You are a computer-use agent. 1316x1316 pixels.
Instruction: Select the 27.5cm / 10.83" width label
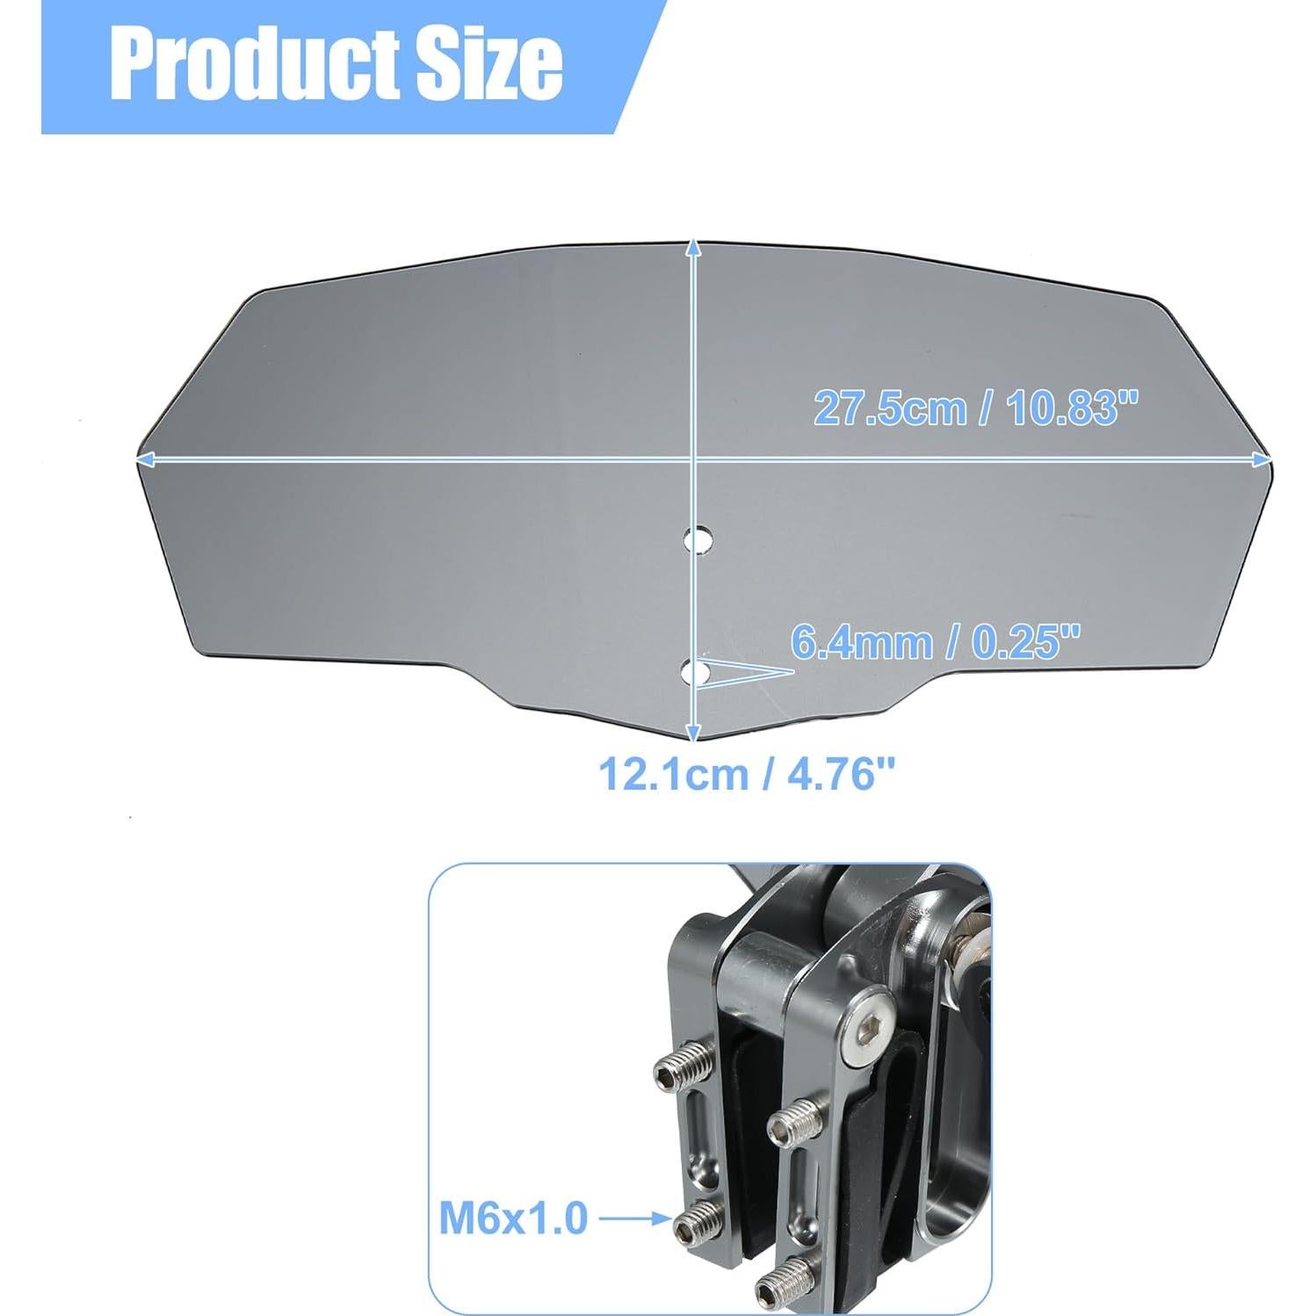tap(975, 409)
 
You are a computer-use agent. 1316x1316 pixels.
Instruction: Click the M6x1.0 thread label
tap(513, 1218)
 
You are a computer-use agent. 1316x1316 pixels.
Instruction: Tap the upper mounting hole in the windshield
tap(700, 537)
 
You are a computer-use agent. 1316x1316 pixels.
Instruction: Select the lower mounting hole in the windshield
tap(699, 673)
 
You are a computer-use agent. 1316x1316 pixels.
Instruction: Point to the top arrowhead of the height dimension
tap(694, 249)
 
